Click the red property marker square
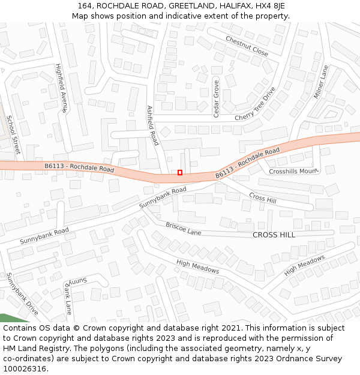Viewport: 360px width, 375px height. coord(180,173)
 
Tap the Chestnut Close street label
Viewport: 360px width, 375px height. coord(247,46)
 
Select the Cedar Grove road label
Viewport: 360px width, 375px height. coord(216,98)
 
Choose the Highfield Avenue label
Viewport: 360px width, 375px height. coord(61,88)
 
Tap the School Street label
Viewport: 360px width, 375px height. coord(13,134)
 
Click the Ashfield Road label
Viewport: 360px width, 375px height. coord(152,125)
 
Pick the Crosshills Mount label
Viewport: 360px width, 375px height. coord(293,171)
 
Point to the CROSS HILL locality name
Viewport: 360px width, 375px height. coord(274,235)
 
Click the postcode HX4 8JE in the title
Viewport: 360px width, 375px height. coord(268,5)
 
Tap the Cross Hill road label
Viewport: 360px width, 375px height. coord(262,197)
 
